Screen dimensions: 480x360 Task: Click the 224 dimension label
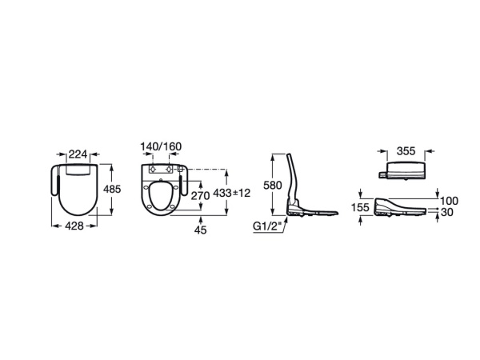(x=78, y=154)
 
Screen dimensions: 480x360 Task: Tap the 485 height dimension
(x=112, y=189)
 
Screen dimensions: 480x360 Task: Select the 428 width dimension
(x=74, y=226)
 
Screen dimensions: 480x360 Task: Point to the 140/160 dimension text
(x=161, y=146)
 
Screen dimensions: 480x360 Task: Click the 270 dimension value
(x=200, y=196)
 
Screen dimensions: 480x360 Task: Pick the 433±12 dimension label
(x=231, y=193)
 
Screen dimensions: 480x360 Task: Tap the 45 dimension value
(x=201, y=230)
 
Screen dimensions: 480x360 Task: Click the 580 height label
(x=273, y=186)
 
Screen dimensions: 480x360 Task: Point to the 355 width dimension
(x=406, y=151)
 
